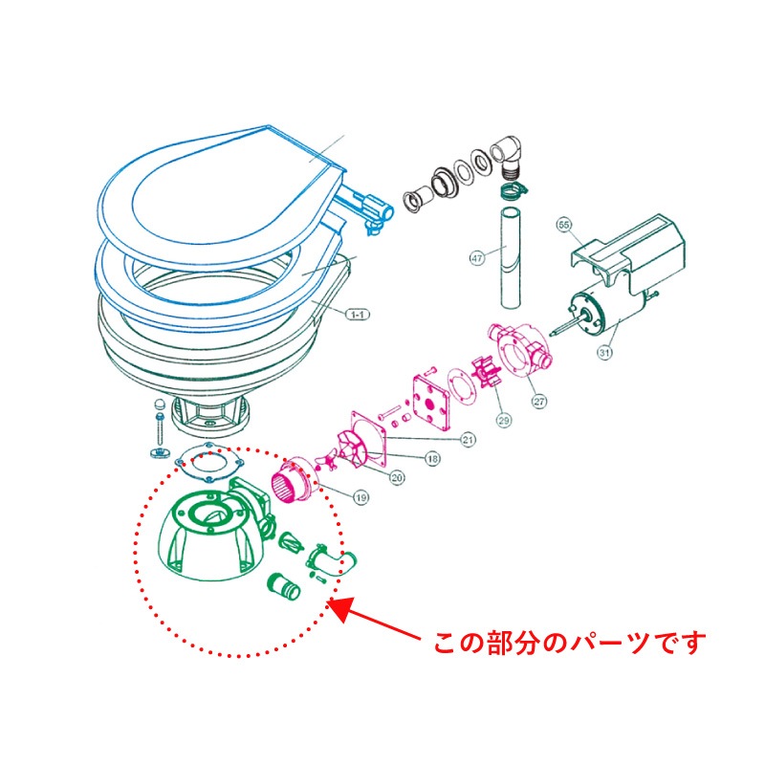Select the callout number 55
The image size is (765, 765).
coord(564,226)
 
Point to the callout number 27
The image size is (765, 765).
coord(539,402)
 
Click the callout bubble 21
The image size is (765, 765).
coord(468,439)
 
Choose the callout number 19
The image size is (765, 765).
coord(361,496)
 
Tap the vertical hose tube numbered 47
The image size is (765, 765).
coord(507,258)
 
